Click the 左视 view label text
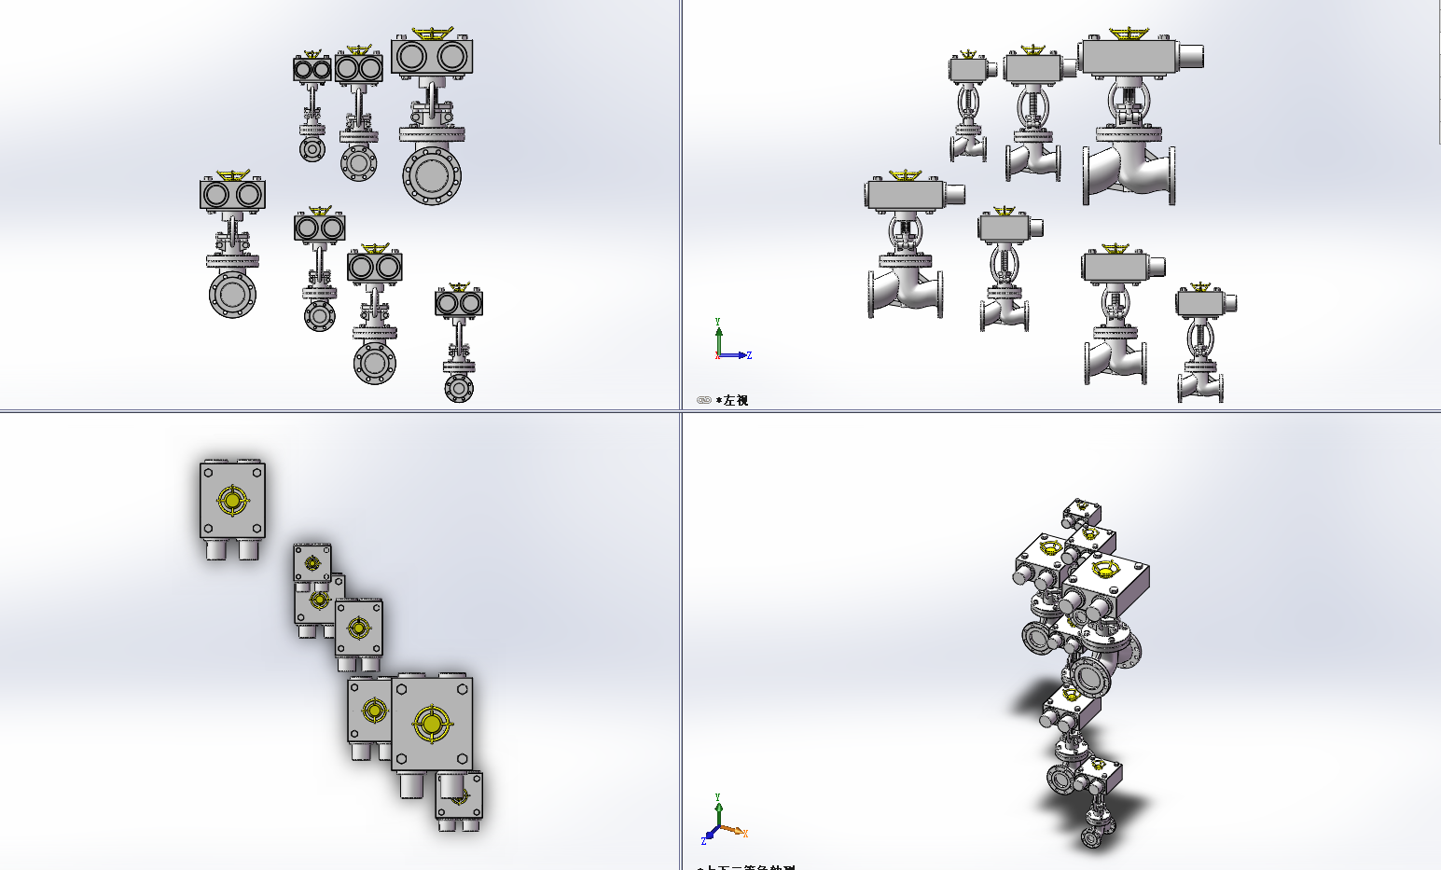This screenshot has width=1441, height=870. (x=736, y=400)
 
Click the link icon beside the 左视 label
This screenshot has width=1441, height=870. (x=704, y=400)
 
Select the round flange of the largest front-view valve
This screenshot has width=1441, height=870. (x=432, y=174)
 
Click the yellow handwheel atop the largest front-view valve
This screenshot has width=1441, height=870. (x=432, y=35)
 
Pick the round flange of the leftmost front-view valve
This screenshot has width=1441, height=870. (x=232, y=294)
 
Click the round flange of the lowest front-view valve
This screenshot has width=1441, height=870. (x=458, y=387)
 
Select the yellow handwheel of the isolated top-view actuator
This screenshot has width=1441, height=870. (x=232, y=500)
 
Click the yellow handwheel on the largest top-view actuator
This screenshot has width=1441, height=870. (x=431, y=724)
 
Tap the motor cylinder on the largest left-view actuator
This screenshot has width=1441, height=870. (x=1189, y=56)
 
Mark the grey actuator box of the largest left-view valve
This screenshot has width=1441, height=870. (x=1127, y=58)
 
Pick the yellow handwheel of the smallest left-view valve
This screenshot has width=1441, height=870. (x=969, y=55)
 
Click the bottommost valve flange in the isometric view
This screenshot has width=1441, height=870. (x=1092, y=837)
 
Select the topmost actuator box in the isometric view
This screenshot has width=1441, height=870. (x=1084, y=513)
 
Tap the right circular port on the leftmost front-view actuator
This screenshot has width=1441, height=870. (x=248, y=194)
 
